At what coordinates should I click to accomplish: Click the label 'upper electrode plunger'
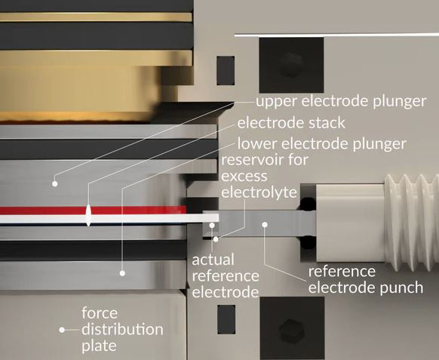coord(341,101)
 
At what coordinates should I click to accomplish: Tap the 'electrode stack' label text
coord(291,123)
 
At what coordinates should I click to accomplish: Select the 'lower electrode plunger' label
coord(321,144)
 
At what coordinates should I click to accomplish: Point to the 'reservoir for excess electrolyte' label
coord(259,176)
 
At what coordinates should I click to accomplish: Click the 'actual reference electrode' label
coord(226,276)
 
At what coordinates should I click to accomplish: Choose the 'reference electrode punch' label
coord(366,280)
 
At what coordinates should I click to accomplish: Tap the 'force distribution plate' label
coord(122,330)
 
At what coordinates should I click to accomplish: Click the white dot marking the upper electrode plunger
coord(55,184)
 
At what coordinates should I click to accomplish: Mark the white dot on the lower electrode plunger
coord(122,273)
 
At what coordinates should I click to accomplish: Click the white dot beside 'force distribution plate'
coord(62,330)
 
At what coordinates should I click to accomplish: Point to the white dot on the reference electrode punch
coord(265,224)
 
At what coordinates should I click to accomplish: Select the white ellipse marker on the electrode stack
coord(88,215)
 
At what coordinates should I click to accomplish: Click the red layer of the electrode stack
coord(93,210)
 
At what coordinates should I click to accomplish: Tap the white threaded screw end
coord(412,223)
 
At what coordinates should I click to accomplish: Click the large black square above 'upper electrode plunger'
coord(291,65)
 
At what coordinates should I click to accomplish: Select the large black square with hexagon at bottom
coord(293,328)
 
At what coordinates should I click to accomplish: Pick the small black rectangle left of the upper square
coord(226,71)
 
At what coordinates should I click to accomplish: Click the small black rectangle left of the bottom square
coord(226,319)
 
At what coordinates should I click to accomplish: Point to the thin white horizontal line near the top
coord(336,35)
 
